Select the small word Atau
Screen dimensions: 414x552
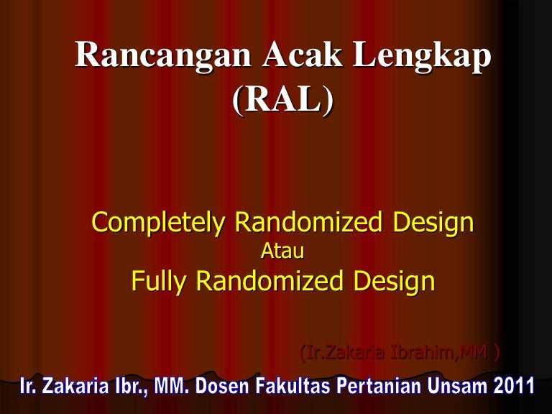[282, 252]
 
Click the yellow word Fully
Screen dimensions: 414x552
[159, 281]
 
